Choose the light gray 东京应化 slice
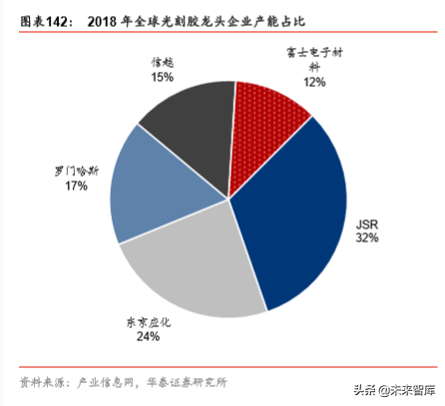click(x=196, y=270)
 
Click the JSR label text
click(x=368, y=225)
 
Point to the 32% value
click(x=368, y=239)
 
